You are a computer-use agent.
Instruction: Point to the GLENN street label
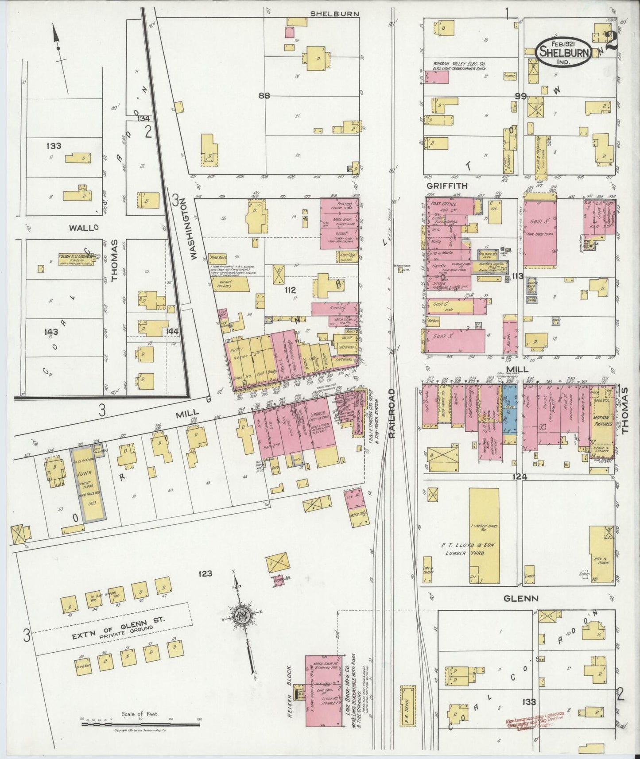click(x=520, y=598)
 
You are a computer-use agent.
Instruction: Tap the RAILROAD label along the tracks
click(x=392, y=414)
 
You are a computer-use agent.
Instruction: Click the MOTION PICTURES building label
click(x=603, y=421)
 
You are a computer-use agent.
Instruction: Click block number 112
click(x=291, y=290)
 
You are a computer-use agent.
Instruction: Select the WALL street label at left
click(x=83, y=228)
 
